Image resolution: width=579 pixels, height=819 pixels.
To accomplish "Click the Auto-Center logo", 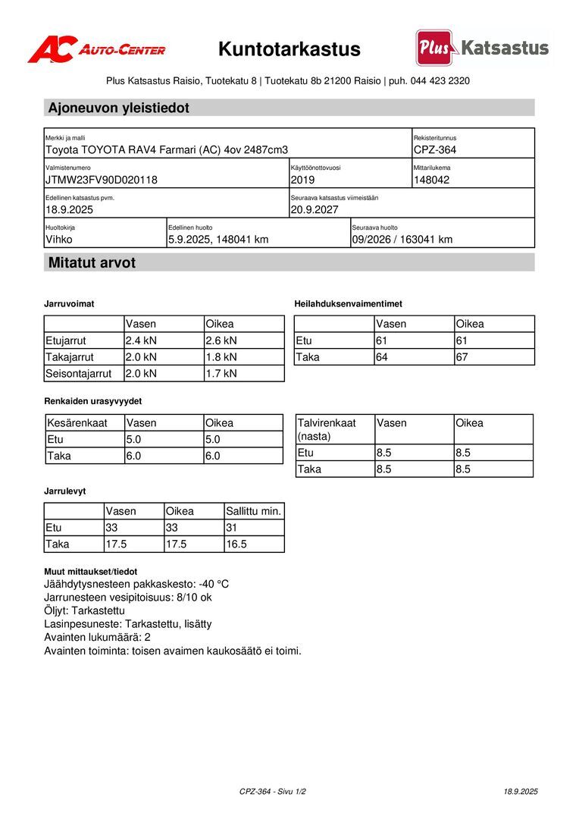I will (96, 49).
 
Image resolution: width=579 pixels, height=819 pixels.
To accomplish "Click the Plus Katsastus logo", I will (482, 49).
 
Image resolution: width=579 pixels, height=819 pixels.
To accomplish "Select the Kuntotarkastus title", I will (289, 49).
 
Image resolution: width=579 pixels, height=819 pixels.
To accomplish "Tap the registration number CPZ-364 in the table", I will (435, 150).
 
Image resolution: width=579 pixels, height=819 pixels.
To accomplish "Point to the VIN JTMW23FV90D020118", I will (102, 180).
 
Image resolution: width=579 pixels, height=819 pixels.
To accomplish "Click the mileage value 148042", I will (432, 180).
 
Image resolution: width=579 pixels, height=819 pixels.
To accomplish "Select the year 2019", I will (302, 180).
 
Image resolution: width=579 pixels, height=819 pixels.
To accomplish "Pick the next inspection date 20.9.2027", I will (315, 210).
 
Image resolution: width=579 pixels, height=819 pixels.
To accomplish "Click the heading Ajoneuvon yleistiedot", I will (118, 108).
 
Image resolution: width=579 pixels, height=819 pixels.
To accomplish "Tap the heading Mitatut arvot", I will (92, 263).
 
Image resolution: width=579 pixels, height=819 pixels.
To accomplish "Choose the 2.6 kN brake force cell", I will (221, 340).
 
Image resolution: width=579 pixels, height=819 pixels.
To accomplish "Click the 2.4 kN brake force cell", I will (141, 340).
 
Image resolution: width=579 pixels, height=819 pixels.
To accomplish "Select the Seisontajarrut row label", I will (79, 373).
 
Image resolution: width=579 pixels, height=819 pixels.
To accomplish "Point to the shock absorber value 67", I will (462, 357).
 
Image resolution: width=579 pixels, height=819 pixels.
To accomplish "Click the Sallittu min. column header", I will (254, 511).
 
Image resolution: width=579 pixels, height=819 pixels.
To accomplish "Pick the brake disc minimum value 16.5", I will (236, 544).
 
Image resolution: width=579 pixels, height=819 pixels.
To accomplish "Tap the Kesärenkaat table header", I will (77, 423).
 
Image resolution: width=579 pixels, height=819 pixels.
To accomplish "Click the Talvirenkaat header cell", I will (327, 429).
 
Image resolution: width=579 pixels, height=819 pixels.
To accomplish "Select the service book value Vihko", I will (60, 240).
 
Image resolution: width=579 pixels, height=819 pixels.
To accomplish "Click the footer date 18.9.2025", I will (521, 791).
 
